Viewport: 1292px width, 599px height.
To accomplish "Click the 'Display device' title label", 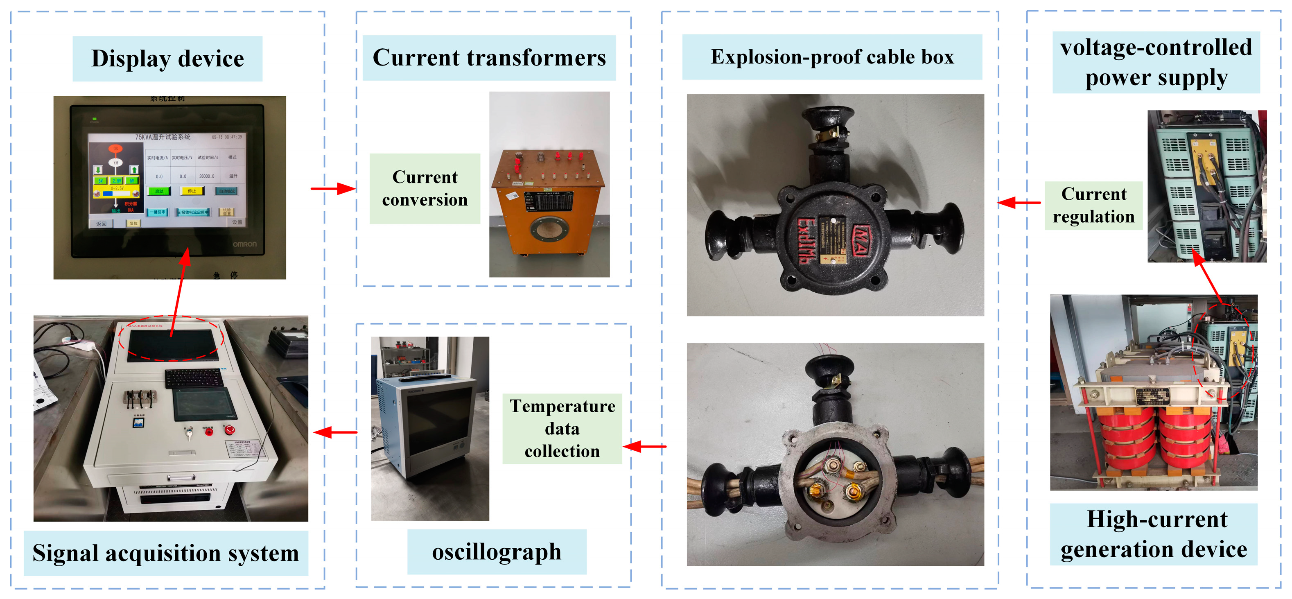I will click(167, 59).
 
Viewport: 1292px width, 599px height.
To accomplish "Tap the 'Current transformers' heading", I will click(489, 58).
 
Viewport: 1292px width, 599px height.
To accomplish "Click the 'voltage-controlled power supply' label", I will click(1156, 63).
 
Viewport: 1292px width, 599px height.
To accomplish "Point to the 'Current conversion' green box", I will click(425, 189).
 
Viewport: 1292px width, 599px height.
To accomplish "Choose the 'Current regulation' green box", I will click(1093, 205).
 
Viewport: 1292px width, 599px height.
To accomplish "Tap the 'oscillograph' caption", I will click(497, 552).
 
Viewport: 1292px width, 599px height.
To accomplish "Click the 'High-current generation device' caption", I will click(1154, 534).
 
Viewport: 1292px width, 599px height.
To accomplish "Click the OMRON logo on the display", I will click(244, 244).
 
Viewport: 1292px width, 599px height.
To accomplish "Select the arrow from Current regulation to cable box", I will click(1019, 203).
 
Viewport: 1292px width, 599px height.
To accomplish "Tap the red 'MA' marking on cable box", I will click(862, 241).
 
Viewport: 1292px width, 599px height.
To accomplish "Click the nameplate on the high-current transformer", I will click(1152, 396).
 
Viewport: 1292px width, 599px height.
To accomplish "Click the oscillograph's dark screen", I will click(439, 424).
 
